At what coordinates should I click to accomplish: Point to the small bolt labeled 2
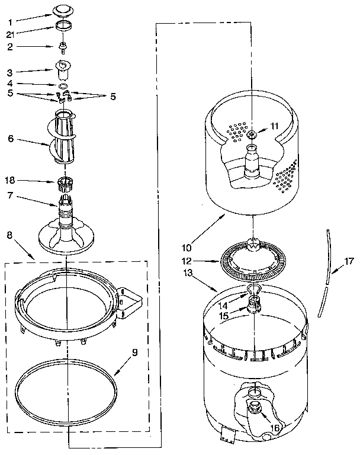coord(63,46)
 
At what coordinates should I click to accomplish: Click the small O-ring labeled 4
coord(63,85)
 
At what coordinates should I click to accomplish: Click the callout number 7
coord(10,195)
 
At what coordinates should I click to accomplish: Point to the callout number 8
coord(9,236)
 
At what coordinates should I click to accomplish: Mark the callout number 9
coord(134,353)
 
